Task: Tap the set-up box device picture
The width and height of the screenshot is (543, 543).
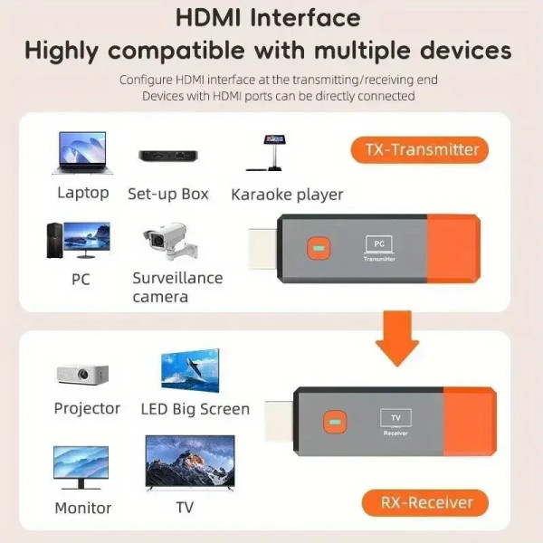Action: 168,156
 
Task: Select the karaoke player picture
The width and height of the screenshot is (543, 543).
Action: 272,152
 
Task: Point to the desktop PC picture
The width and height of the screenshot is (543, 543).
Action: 79,240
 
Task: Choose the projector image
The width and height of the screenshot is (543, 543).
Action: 82,373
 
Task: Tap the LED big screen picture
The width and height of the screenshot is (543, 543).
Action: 190,370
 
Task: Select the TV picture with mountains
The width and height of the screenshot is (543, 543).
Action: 190,462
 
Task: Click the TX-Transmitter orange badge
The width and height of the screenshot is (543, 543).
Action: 419,149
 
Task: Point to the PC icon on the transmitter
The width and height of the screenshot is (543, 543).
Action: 379,243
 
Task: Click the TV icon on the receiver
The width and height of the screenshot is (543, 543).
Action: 395,417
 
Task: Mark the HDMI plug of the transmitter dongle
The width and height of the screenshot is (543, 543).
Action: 261,246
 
